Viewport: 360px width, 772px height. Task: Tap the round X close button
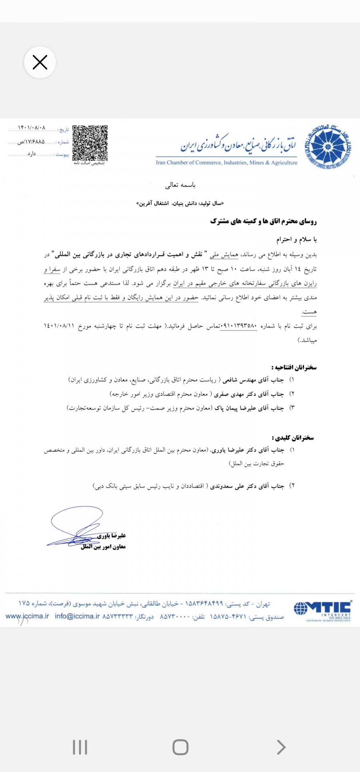[40, 62]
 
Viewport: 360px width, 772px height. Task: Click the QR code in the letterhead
[90, 143]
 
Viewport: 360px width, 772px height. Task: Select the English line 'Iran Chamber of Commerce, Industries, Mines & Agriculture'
[227, 163]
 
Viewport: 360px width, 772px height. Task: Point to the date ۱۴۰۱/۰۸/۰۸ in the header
[32, 128]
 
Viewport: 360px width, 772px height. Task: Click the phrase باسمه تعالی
[180, 185]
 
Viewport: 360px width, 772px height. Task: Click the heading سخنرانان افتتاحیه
[294, 367]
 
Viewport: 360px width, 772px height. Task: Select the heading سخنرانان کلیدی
[293, 438]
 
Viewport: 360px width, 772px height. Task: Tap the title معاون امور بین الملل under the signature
[103, 547]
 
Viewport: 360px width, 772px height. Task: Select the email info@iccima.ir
[77, 616]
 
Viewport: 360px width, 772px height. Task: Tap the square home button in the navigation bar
[180, 747]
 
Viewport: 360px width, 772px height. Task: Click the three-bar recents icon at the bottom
[80, 747]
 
